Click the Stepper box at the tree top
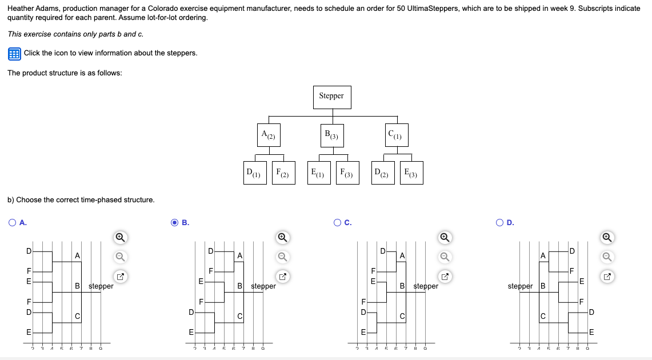[331, 97]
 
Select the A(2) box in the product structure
[268, 135]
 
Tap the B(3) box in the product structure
[332, 135]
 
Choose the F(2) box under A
[283, 173]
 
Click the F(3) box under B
[347, 173]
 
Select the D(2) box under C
[381, 173]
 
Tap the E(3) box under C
[411, 173]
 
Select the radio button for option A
[13, 223]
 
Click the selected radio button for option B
[175, 223]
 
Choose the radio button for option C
[337, 223]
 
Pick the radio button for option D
[500, 223]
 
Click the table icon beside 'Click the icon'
[14, 54]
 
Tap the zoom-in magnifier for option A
[120, 237]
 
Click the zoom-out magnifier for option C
[445, 257]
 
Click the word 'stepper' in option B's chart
[263, 286]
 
